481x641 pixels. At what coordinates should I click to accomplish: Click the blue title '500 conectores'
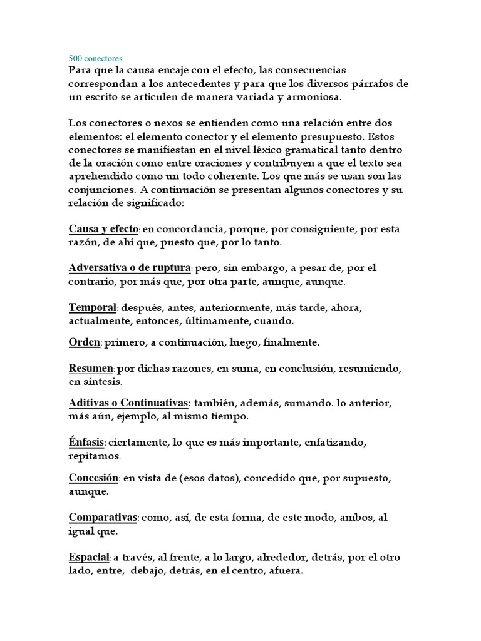(x=96, y=59)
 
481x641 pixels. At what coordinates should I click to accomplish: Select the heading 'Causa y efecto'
(x=103, y=230)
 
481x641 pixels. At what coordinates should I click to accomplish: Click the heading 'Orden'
(x=84, y=342)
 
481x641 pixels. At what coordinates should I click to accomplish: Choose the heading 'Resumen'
(x=91, y=369)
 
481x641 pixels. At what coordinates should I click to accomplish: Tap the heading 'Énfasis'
(x=86, y=443)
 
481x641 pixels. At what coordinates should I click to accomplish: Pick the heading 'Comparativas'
(x=103, y=518)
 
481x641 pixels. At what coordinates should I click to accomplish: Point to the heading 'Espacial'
(x=90, y=557)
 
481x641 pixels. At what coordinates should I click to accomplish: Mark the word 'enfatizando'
(x=334, y=443)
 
